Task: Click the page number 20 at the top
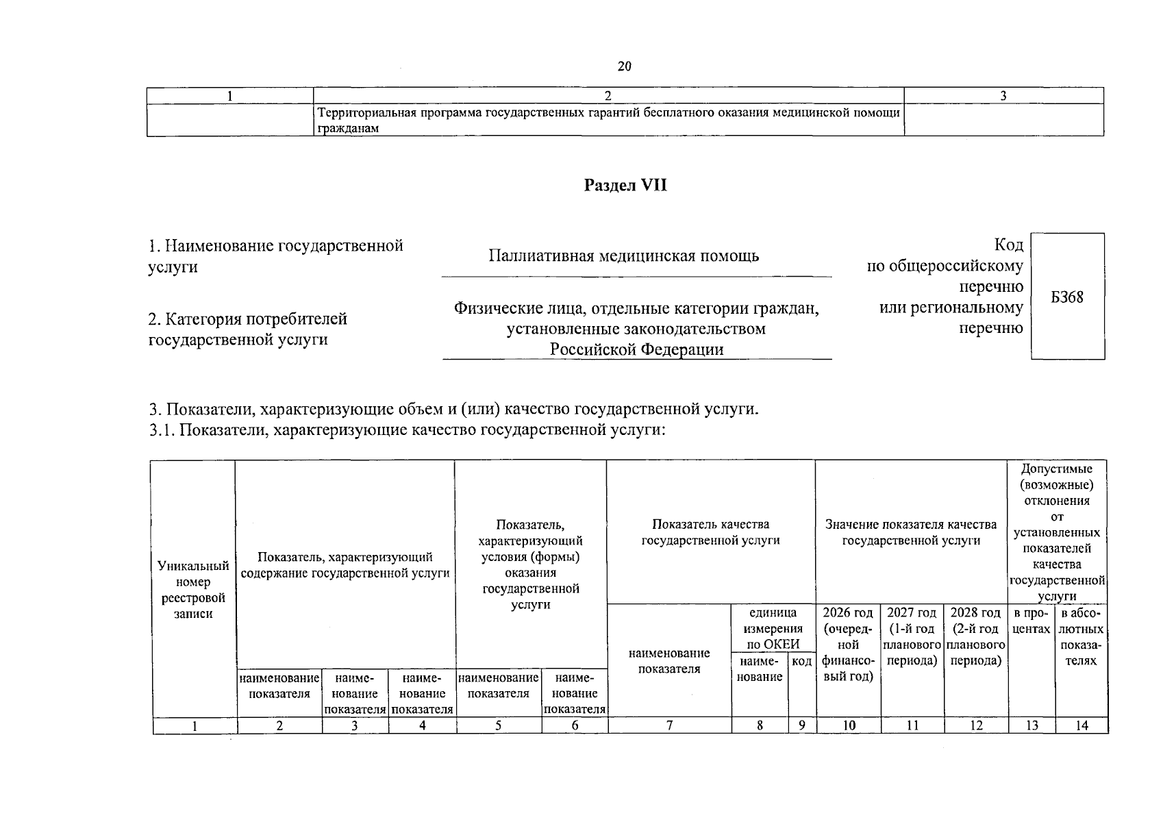[x=624, y=66]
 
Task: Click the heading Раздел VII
[x=625, y=186]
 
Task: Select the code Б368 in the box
[x=1067, y=297]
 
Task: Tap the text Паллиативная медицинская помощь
[x=623, y=256]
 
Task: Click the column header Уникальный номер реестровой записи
[x=193, y=589]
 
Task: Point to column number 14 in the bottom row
[x=1081, y=725]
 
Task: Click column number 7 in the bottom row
[x=669, y=725]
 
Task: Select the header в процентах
[x=1031, y=621]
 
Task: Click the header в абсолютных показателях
[x=1081, y=636]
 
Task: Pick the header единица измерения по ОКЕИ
[x=773, y=628]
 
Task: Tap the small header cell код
[x=801, y=661]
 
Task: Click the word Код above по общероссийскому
[x=1008, y=245]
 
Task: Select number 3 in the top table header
[x=1003, y=96]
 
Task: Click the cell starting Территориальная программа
[x=607, y=120]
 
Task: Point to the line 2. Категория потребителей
[x=248, y=319]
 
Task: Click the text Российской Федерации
[x=637, y=349]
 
